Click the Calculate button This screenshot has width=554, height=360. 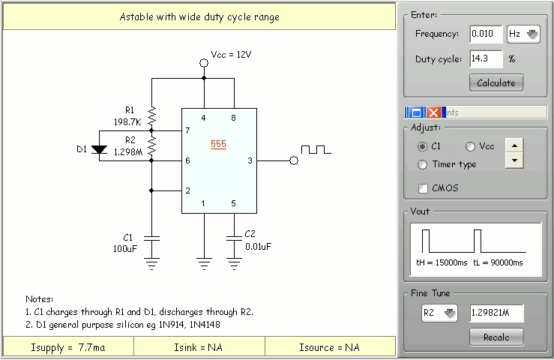(496, 82)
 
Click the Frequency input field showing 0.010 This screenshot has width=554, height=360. (486, 34)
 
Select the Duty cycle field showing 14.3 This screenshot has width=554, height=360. (486, 58)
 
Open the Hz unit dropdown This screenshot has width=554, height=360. (523, 34)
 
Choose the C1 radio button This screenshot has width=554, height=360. (423, 146)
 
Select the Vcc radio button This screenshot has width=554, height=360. (471, 146)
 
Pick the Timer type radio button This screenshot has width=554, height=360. (423, 164)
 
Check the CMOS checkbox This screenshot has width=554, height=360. (424, 188)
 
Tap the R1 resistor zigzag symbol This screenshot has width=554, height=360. (151, 116)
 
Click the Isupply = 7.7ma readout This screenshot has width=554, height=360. (68, 347)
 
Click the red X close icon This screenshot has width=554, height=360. (434, 112)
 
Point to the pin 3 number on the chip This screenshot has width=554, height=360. (249, 160)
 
